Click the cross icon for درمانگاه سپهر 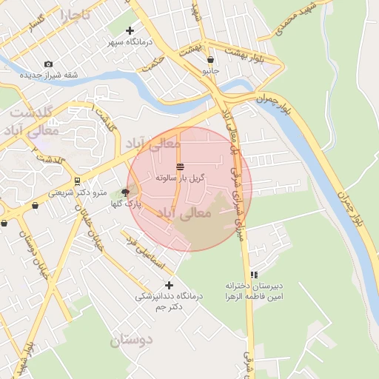pyautogui.click(x=130, y=30)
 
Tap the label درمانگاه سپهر pyautogui.click(x=130, y=42)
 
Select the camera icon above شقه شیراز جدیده pyautogui.click(x=49, y=64)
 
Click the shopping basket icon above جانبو pyautogui.click(x=211, y=60)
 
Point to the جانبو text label pyautogui.click(x=211, y=71)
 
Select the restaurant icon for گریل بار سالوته pyautogui.click(x=180, y=166)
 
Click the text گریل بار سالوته pyautogui.click(x=180, y=178)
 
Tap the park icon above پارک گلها pyautogui.click(x=125, y=192)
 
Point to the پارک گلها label pyautogui.click(x=126, y=204)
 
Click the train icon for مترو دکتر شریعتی pyautogui.click(x=77, y=181)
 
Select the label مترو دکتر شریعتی pyautogui.click(x=78, y=192)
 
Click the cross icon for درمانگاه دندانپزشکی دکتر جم pyautogui.click(x=169, y=284)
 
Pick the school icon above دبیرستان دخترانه pyautogui.click(x=255, y=274)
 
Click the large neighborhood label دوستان pyautogui.click(x=131, y=341)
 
